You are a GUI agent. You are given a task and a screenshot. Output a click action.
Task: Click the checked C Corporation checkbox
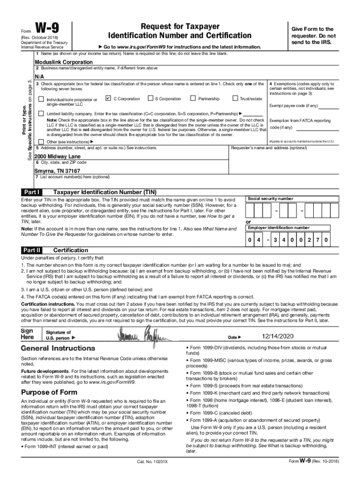coord(108,98)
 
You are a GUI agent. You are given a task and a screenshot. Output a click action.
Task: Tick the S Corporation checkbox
coord(150,98)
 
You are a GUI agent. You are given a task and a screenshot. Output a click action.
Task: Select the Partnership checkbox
coord(193,98)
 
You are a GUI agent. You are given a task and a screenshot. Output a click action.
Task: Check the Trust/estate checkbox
coord(235,98)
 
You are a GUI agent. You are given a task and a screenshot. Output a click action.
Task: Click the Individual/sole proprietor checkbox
coord(41,99)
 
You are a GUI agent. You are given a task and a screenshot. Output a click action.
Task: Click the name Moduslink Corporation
coord(61,62)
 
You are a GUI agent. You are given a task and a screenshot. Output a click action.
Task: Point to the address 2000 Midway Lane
coord(58,156)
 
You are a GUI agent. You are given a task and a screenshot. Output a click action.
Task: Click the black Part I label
coord(31,192)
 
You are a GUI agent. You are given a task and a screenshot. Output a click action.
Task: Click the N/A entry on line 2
coord(39,76)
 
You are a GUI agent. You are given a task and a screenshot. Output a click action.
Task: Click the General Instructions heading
coord(58,348)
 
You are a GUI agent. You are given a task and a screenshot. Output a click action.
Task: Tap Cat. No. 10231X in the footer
coord(152,462)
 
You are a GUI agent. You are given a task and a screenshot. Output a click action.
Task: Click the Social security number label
coord(271,199)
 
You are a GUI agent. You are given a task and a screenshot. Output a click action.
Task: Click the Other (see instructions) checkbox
coord(41,142)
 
